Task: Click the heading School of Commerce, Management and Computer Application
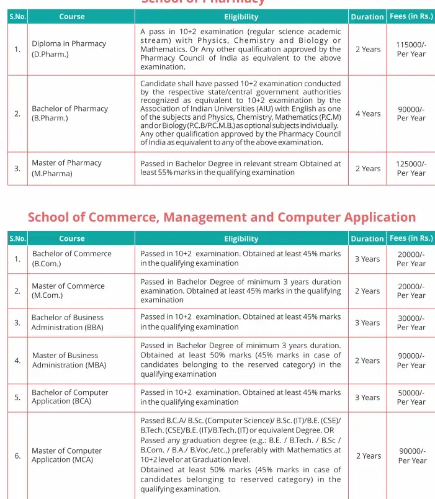coord(222,217)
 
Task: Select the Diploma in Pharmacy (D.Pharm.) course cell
coord(69,48)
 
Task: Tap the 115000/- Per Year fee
coord(411,49)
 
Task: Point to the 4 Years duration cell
coord(367,114)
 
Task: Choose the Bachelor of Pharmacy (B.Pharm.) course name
coord(70,113)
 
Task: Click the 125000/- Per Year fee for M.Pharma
coord(411,168)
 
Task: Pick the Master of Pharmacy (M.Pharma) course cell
coord(66,168)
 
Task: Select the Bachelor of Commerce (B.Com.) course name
coord(71,258)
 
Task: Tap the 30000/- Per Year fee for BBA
coord(411,322)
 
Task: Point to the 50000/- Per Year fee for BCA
coord(411,397)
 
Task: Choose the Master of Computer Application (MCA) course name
coord(66,455)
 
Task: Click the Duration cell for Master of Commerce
coord(367,291)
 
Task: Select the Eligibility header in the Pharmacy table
coord(241,17)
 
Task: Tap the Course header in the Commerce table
coord(72,238)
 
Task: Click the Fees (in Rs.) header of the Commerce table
coord(411,238)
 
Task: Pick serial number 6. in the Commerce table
coord(17,456)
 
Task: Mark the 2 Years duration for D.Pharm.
coord(367,49)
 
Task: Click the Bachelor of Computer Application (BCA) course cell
coord(70,397)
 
